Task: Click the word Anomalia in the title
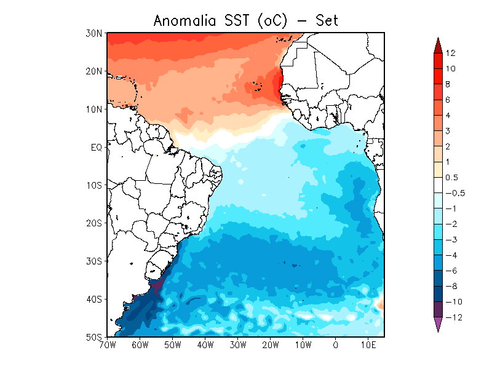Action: pos(185,21)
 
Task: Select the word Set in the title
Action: pos(327,21)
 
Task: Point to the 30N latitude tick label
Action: pos(94,33)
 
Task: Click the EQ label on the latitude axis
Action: pos(97,148)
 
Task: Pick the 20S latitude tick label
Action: pos(94,223)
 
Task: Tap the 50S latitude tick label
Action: pos(94,337)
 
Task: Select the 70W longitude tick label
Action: pos(108,345)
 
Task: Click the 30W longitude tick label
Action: pos(238,345)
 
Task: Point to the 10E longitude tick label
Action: pos(368,345)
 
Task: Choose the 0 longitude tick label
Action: pos(336,345)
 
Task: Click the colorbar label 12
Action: pos(450,53)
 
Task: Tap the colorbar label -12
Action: pos(454,317)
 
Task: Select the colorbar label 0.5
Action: pos(452,178)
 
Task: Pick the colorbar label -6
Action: pos(451,271)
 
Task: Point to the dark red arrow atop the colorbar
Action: pos(438,46)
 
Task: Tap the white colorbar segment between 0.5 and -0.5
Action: pos(438,186)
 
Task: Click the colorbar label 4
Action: pos(448,116)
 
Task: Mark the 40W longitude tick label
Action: pos(205,345)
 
